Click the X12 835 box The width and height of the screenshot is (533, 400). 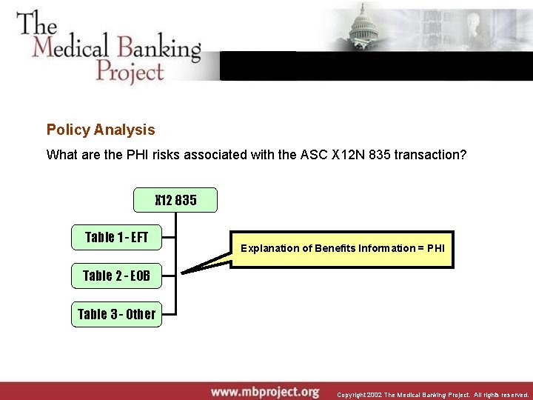(175, 200)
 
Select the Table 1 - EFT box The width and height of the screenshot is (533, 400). (116, 238)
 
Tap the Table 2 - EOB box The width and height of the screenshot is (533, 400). (116, 276)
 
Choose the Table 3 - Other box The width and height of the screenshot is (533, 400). (116, 314)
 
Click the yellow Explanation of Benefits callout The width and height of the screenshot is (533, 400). (342, 248)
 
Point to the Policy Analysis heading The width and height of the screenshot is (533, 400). (101, 130)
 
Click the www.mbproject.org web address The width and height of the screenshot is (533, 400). (264, 391)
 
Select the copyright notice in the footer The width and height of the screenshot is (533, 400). (432, 395)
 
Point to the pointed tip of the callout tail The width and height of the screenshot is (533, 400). (183, 273)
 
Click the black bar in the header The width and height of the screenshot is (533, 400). (376, 65)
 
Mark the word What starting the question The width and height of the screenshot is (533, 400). (61, 155)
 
